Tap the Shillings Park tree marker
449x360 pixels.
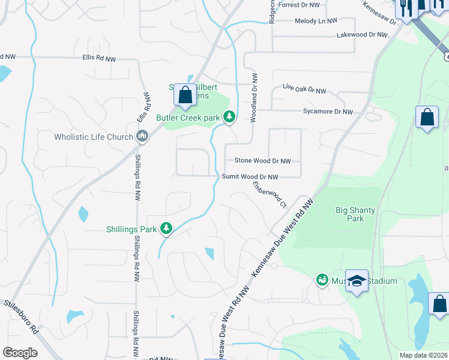click(166, 229)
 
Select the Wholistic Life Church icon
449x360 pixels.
click(142, 137)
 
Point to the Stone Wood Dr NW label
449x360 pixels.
click(262, 161)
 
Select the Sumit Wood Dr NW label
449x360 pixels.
click(250, 177)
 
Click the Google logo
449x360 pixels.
click(20, 353)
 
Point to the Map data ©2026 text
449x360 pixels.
click(423, 355)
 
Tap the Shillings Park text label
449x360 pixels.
click(131, 229)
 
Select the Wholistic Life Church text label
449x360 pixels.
click(93, 137)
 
